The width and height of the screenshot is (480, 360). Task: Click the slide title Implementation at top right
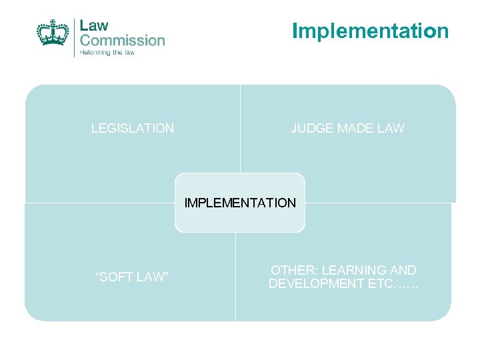coord(370,31)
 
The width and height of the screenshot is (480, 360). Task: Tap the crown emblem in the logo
coord(53,33)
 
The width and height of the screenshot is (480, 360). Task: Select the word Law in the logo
coord(93,25)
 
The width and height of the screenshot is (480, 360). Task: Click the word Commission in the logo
coord(122,40)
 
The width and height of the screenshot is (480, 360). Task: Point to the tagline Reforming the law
coord(107,53)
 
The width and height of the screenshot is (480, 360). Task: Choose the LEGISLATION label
coord(133,129)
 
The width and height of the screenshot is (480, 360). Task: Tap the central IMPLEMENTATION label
coord(240,203)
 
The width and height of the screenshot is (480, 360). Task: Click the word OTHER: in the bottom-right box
coord(293,271)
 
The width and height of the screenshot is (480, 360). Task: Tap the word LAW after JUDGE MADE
coord(391,129)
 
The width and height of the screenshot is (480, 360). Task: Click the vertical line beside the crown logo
coord(75,37)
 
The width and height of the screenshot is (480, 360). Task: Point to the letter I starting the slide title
coord(295,31)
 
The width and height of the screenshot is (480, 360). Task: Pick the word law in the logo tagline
coord(128,53)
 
